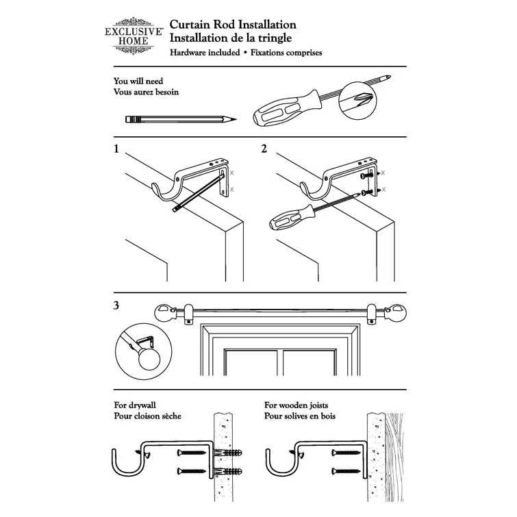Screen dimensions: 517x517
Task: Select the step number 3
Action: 117,305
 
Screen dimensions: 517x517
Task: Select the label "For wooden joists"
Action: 299,405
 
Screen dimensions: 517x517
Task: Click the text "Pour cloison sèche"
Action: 148,416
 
